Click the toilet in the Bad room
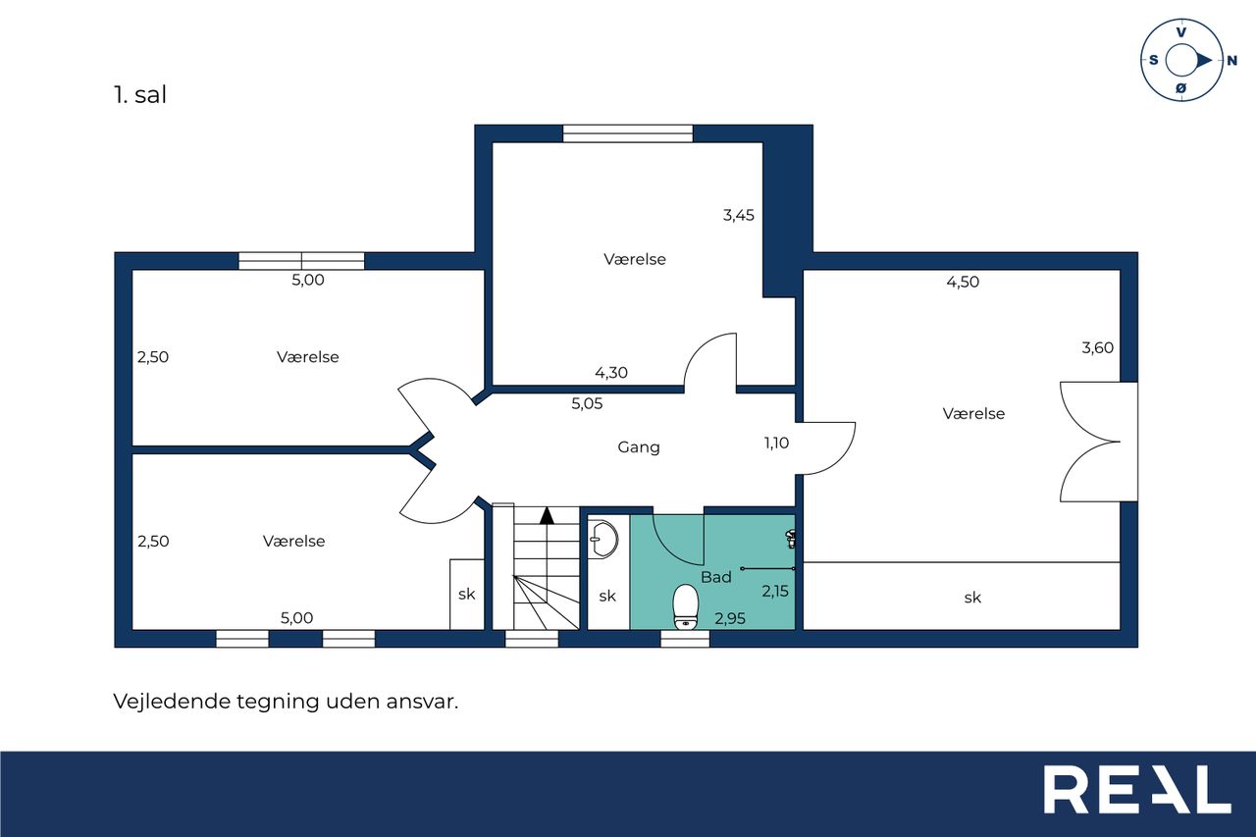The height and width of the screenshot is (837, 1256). click(685, 606)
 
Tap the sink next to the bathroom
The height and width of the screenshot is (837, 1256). click(603, 539)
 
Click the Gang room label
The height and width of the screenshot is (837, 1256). click(639, 447)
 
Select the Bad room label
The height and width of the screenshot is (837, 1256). click(716, 577)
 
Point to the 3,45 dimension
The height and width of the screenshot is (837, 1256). click(739, 215)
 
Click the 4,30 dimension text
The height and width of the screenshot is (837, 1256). click(611, 373)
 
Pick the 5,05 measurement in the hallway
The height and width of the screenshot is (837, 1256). click(587, 403)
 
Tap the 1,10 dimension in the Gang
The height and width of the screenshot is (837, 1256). click(776, 444)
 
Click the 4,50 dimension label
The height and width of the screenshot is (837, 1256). click(963, 282)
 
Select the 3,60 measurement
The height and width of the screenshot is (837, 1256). click(1097, 348)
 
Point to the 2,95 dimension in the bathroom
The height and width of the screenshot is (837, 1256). click(730, 619)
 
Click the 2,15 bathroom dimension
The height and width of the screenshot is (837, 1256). click(775, 591)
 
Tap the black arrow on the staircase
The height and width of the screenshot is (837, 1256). click(547, 516)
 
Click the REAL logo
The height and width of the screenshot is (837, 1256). click(1137, 789)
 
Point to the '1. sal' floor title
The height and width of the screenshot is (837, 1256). click(140, 95)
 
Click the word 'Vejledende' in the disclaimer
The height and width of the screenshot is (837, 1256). click(172, 702)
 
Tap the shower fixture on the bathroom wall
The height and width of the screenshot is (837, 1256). click(791, 539)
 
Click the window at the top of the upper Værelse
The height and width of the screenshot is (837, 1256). click(628, 133)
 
